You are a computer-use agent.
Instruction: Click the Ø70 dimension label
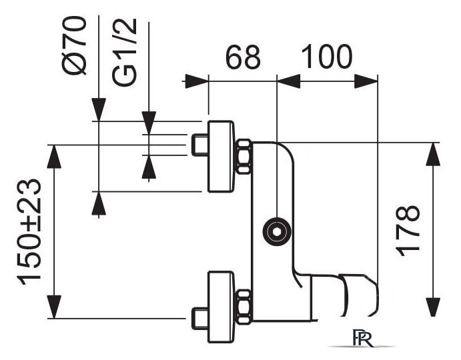[x=75, y=46]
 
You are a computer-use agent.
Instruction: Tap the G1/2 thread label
[x=125, y=52]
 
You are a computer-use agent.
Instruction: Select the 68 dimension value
[x=243, y=57]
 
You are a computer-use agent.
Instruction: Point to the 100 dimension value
[x=327, y=57]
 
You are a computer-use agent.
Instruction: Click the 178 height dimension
[x=408, y=231]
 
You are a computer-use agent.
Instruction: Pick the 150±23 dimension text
[x=29, y=232]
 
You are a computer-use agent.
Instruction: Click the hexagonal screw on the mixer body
[x=277, y=231]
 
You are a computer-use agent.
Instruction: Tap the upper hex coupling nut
[x=244, y=157]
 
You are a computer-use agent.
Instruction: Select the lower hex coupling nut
[x=244, y=307]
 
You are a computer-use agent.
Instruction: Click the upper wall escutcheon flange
[x=221, y=157]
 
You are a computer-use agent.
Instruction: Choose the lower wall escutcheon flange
[x=221, y=307]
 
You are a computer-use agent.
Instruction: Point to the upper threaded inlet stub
[x=200, y=145]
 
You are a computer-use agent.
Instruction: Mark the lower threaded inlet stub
[x=200, y=318]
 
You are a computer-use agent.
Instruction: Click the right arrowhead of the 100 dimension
[x=366, y=81]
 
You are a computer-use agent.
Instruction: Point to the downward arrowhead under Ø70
[x=99, y=109]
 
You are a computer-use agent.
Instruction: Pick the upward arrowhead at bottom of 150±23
[x=55, y=307]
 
